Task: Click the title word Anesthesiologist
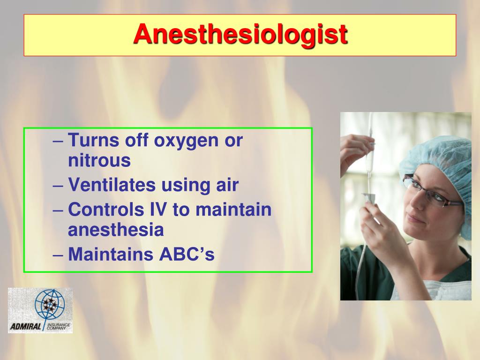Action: (240, 35)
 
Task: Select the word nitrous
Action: (99, 161)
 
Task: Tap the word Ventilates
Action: (112, 185)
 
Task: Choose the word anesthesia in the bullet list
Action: (116, 230)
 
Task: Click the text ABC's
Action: (187, 255)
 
